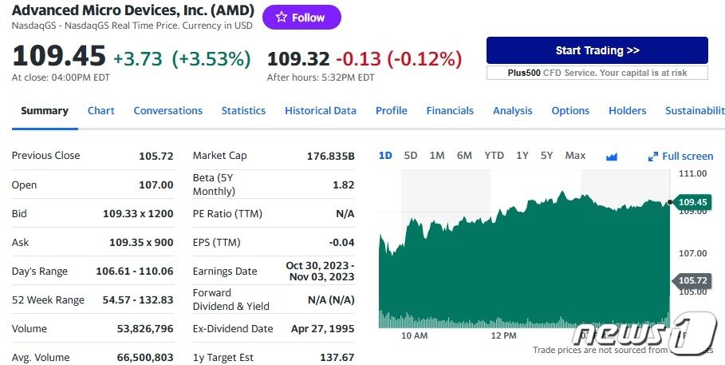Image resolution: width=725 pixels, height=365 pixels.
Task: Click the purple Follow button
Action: point(301,18)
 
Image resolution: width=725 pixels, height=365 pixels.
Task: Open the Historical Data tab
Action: point(320,111)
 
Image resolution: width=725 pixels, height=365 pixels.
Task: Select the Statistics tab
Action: point(243,111)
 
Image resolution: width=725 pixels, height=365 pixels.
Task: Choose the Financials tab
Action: point(450,111)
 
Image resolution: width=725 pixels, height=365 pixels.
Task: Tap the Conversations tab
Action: point(167,111)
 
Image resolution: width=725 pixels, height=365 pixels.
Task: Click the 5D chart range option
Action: point(411,156)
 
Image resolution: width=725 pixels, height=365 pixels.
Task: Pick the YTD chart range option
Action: point(494,156)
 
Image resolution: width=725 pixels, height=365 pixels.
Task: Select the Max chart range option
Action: point(575,156)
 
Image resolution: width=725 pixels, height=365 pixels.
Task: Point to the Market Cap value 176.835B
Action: point(330,156)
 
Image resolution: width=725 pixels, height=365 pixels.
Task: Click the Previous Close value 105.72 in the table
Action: point(156,156)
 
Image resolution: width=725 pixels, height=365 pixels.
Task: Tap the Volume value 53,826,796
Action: point(145,329)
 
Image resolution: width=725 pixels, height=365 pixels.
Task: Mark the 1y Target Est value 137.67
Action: point(337,358)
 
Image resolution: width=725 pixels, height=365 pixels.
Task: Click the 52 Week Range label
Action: point(48,300)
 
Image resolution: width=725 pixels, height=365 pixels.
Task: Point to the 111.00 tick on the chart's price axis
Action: point(693,173)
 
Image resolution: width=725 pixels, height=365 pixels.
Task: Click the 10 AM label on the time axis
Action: point(414,335)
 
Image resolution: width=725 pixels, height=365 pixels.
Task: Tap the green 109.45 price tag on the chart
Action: point(692,202)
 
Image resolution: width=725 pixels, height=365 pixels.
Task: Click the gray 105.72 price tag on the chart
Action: point(692,280)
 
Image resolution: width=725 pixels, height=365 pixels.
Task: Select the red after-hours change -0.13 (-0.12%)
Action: point(399,58)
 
